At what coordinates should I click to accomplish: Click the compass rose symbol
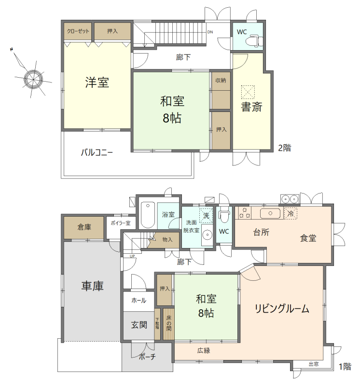(x=33, y=78)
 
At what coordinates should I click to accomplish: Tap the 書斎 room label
(x=251, y=107)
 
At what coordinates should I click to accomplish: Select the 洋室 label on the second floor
(x=97, y=83)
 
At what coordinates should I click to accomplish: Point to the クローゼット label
(x=78, y=31)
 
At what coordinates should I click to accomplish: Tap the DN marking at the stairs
(x=210, y=32)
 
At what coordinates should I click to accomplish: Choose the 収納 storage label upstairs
(x=221, y=80)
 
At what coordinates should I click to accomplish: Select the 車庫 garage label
(x=92, y=286)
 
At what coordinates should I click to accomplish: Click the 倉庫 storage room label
(x=84, y=227)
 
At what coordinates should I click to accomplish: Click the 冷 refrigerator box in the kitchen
(x=291, y=213)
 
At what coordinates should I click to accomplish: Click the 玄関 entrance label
(x=139, y=325)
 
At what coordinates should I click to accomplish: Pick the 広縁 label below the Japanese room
(x=203, y=350)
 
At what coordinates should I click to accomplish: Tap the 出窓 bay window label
(x=313, y=364)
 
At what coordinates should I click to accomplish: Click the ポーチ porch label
(x=147, y=358)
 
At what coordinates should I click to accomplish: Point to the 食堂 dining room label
(x=308, y=237)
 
